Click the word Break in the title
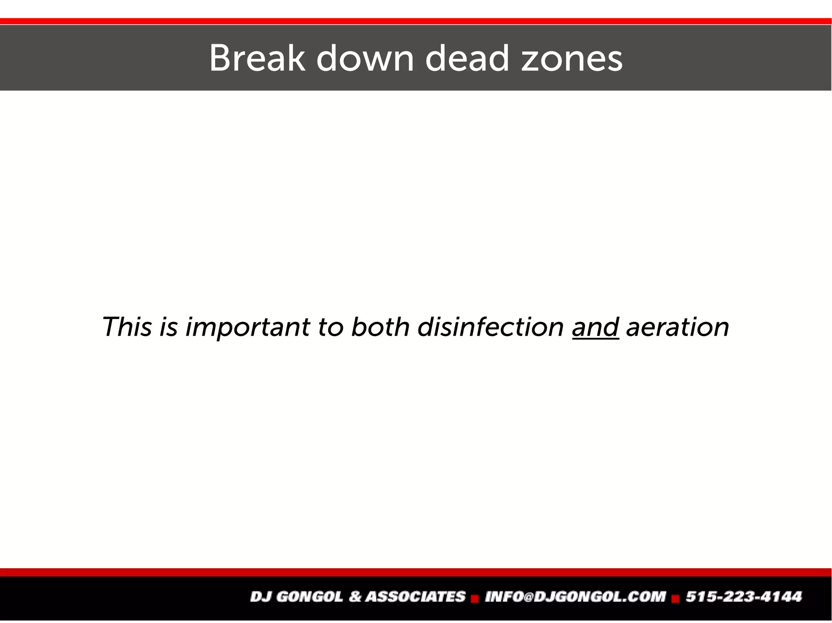(257, 58)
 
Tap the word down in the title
(365, 58)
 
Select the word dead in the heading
(467, 58)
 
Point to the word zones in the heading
(572, 59)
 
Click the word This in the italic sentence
(127, 327)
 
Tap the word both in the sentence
(380, 327)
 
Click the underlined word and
(595, 327)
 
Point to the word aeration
(678, 327)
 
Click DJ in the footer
(260, 597)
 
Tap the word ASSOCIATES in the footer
(415, 597)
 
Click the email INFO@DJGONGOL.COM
(575, 597)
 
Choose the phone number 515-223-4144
(744, 597)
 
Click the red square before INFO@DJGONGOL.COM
(475, 599)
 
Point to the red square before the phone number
(676, 599)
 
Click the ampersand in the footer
(355, 597)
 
